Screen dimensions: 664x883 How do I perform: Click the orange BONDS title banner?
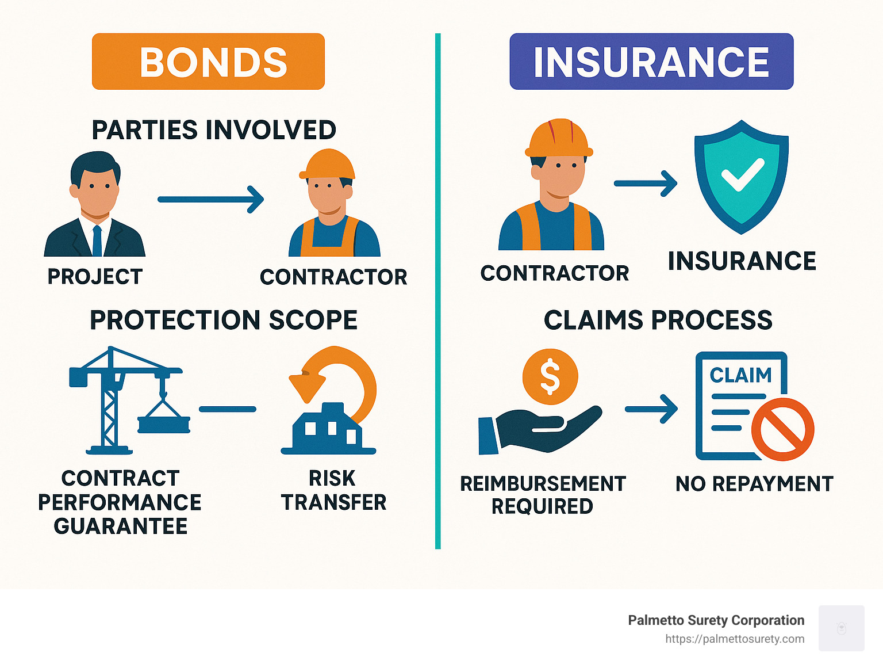[208, 62]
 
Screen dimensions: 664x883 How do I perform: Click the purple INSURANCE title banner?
[651, 62]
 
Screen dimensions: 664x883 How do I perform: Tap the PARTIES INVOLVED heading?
[214, 130]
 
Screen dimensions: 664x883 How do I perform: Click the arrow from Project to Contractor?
[210, 199]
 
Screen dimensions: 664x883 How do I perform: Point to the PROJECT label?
[95, 277]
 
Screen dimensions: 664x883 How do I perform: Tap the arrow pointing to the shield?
[645, 184]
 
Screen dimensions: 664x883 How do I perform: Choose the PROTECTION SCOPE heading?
[224, 320]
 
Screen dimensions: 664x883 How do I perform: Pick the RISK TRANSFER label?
[333, 490]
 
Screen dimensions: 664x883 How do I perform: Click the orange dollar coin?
[550, 376]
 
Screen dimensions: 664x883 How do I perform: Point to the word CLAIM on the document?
[740, 375]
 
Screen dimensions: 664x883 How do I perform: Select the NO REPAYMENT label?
[754, 484]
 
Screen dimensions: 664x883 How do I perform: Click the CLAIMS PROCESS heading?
[658, 320]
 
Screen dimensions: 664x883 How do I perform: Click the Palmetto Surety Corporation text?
[716, 620]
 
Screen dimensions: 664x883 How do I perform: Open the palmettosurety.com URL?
[735, 639]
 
